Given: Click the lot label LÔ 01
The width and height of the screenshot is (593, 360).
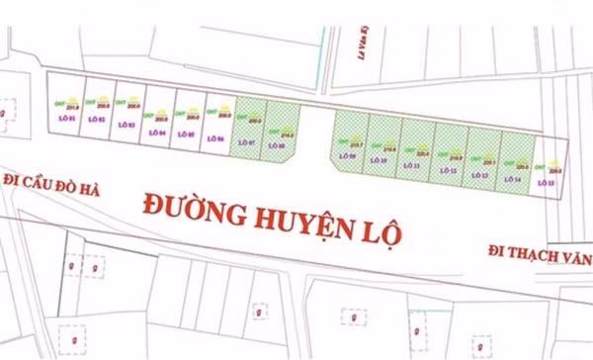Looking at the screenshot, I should [67, 119].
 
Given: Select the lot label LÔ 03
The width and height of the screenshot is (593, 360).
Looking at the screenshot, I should [128, 124].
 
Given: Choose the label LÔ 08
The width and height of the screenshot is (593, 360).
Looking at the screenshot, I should [277, 146].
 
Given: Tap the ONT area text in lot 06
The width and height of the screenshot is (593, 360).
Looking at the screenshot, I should [222, 115].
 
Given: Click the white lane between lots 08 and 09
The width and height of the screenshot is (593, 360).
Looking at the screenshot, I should [313, 138].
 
